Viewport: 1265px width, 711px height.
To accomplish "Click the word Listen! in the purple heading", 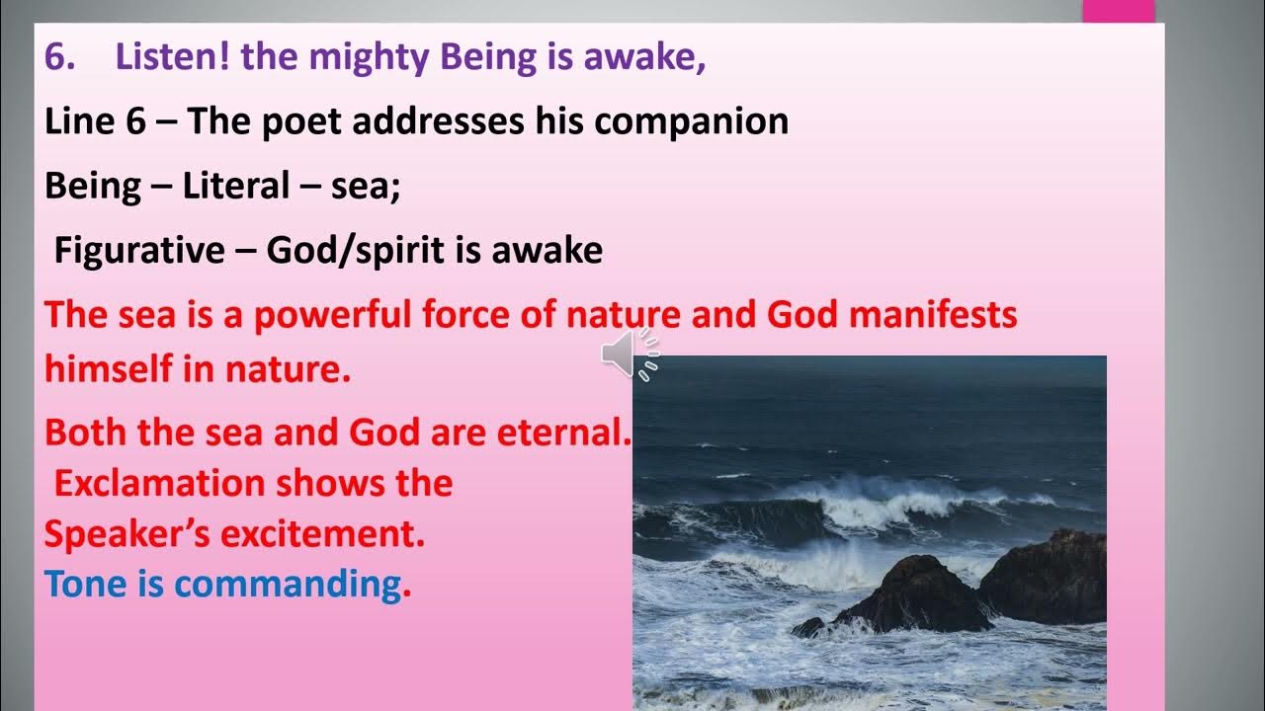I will [173, 58].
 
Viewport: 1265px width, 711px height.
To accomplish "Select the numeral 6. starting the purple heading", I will [60, 58].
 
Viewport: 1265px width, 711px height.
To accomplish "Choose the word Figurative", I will [139, 250].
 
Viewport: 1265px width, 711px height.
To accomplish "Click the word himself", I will [111, 369].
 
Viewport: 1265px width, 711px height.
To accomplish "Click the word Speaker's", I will [126, 534].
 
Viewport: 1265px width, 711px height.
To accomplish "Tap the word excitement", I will [323, 534].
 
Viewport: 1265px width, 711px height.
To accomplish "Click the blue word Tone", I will [85, 585].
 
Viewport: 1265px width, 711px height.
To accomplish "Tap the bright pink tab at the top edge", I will [1118, 10].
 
